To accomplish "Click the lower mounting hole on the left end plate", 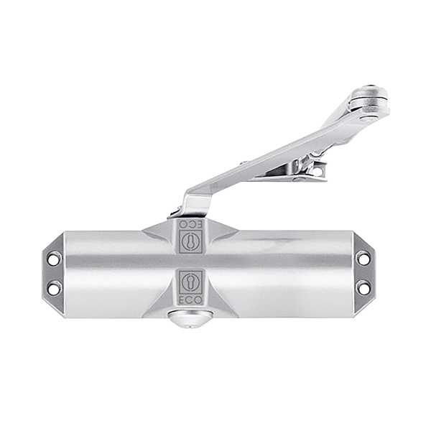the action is tap(53, 288).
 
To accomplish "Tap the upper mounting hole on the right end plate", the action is tap(363, 259).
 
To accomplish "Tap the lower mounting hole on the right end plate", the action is tap(363, 287).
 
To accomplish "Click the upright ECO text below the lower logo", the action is tap(190, 301).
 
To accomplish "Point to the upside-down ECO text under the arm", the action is tap(190, 223).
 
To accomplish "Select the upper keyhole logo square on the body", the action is tap(190, 241).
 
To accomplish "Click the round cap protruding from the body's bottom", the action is tap(190, 320).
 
